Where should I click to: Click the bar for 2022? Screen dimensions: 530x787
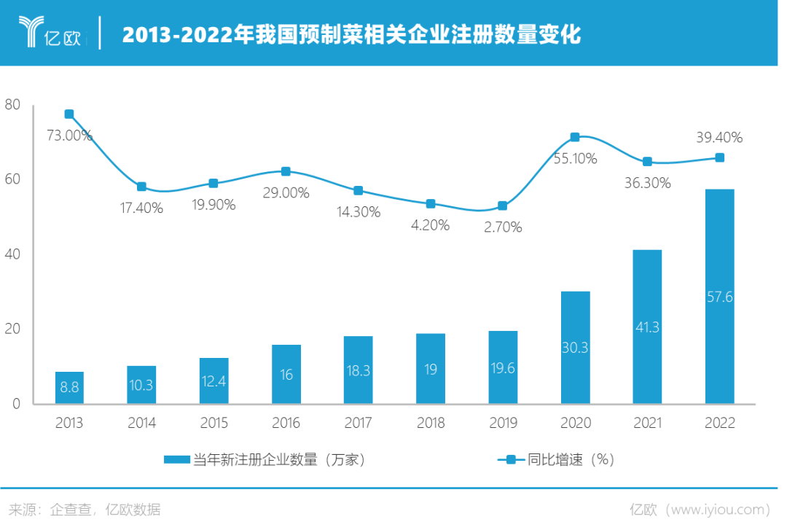tap(719, 295)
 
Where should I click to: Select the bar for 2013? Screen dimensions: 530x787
tap(69, 387)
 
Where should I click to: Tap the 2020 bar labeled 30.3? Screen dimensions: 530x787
tap(576, 347)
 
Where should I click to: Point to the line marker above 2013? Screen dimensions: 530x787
tap(69, 114)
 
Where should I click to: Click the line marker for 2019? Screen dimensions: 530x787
tap(502, 206)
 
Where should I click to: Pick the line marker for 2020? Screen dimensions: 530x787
tap(575, 137)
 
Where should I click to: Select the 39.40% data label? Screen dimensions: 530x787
tap(719, 137)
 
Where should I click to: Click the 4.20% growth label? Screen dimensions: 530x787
tap(430, 225)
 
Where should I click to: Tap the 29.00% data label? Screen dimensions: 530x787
tap(286, 193)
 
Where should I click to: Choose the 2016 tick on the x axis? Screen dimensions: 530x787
tap(286, 423)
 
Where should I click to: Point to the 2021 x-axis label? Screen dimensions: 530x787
tap(647, 423)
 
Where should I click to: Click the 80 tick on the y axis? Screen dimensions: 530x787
tap(12, 105)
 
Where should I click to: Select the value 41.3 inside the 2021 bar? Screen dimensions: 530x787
tap(647, 327)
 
